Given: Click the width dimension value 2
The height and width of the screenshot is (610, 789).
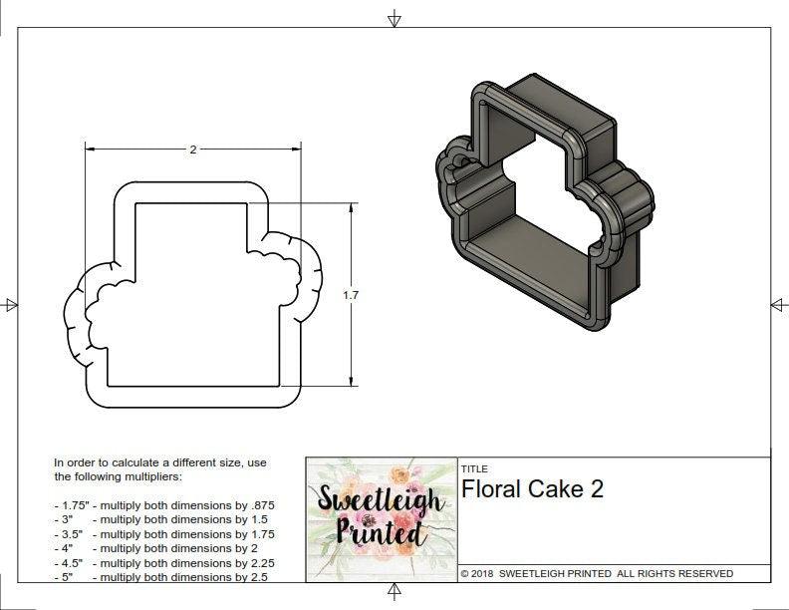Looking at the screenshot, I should [192, 150].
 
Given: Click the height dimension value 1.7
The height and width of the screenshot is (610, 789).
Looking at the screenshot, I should [350, 295].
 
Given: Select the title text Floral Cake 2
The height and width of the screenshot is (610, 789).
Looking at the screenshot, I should [532, 489].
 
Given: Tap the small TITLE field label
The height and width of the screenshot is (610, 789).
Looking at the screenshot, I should [474, 468].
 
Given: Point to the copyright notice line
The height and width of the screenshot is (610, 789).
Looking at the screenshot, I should [597, 573].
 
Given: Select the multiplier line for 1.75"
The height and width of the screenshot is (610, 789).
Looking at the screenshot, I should [164, 505].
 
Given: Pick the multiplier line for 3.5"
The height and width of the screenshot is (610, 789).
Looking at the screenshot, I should [164, 534].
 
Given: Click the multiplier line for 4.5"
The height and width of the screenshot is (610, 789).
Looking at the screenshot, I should [164, 563].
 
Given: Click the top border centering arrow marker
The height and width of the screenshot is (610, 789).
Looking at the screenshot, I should [394, 18].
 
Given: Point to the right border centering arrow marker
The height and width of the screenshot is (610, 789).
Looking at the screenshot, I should [779, 305].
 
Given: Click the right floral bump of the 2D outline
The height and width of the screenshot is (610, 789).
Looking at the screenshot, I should [298, 273].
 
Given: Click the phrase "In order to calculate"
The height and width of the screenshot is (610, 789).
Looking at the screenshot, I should [110, 463].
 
